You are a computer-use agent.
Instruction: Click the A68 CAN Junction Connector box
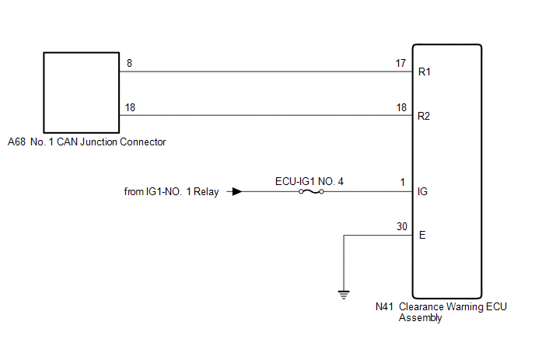click(x=79, y=92)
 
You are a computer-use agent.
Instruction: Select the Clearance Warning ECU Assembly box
click(x=446, y=171)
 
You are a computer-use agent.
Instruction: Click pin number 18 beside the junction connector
click(x=131, y=107)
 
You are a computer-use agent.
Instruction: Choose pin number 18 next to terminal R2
click(x=401, y=107)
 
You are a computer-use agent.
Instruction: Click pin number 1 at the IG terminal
click(x=404, y=182)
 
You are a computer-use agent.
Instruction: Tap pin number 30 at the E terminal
click(x=401, y=226)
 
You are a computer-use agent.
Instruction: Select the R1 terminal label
click(x=425, y=72)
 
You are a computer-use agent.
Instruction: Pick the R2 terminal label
click(x=425, y=117)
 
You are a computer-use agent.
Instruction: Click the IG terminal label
click(x=423, y=191)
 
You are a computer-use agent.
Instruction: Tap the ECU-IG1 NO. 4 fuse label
click(x=309, y=181)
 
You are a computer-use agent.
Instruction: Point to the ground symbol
click(x=343, y=294)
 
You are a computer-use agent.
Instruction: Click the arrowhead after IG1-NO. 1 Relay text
click(x=236, y=191)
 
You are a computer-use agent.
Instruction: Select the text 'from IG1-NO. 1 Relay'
click(x=172, y=191)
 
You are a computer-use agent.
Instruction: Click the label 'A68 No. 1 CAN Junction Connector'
click(x=86, y=142)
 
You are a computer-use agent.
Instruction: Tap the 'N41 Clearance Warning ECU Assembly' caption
click(x=440, y=312)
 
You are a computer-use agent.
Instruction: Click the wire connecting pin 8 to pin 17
click(x=264, y=72)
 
